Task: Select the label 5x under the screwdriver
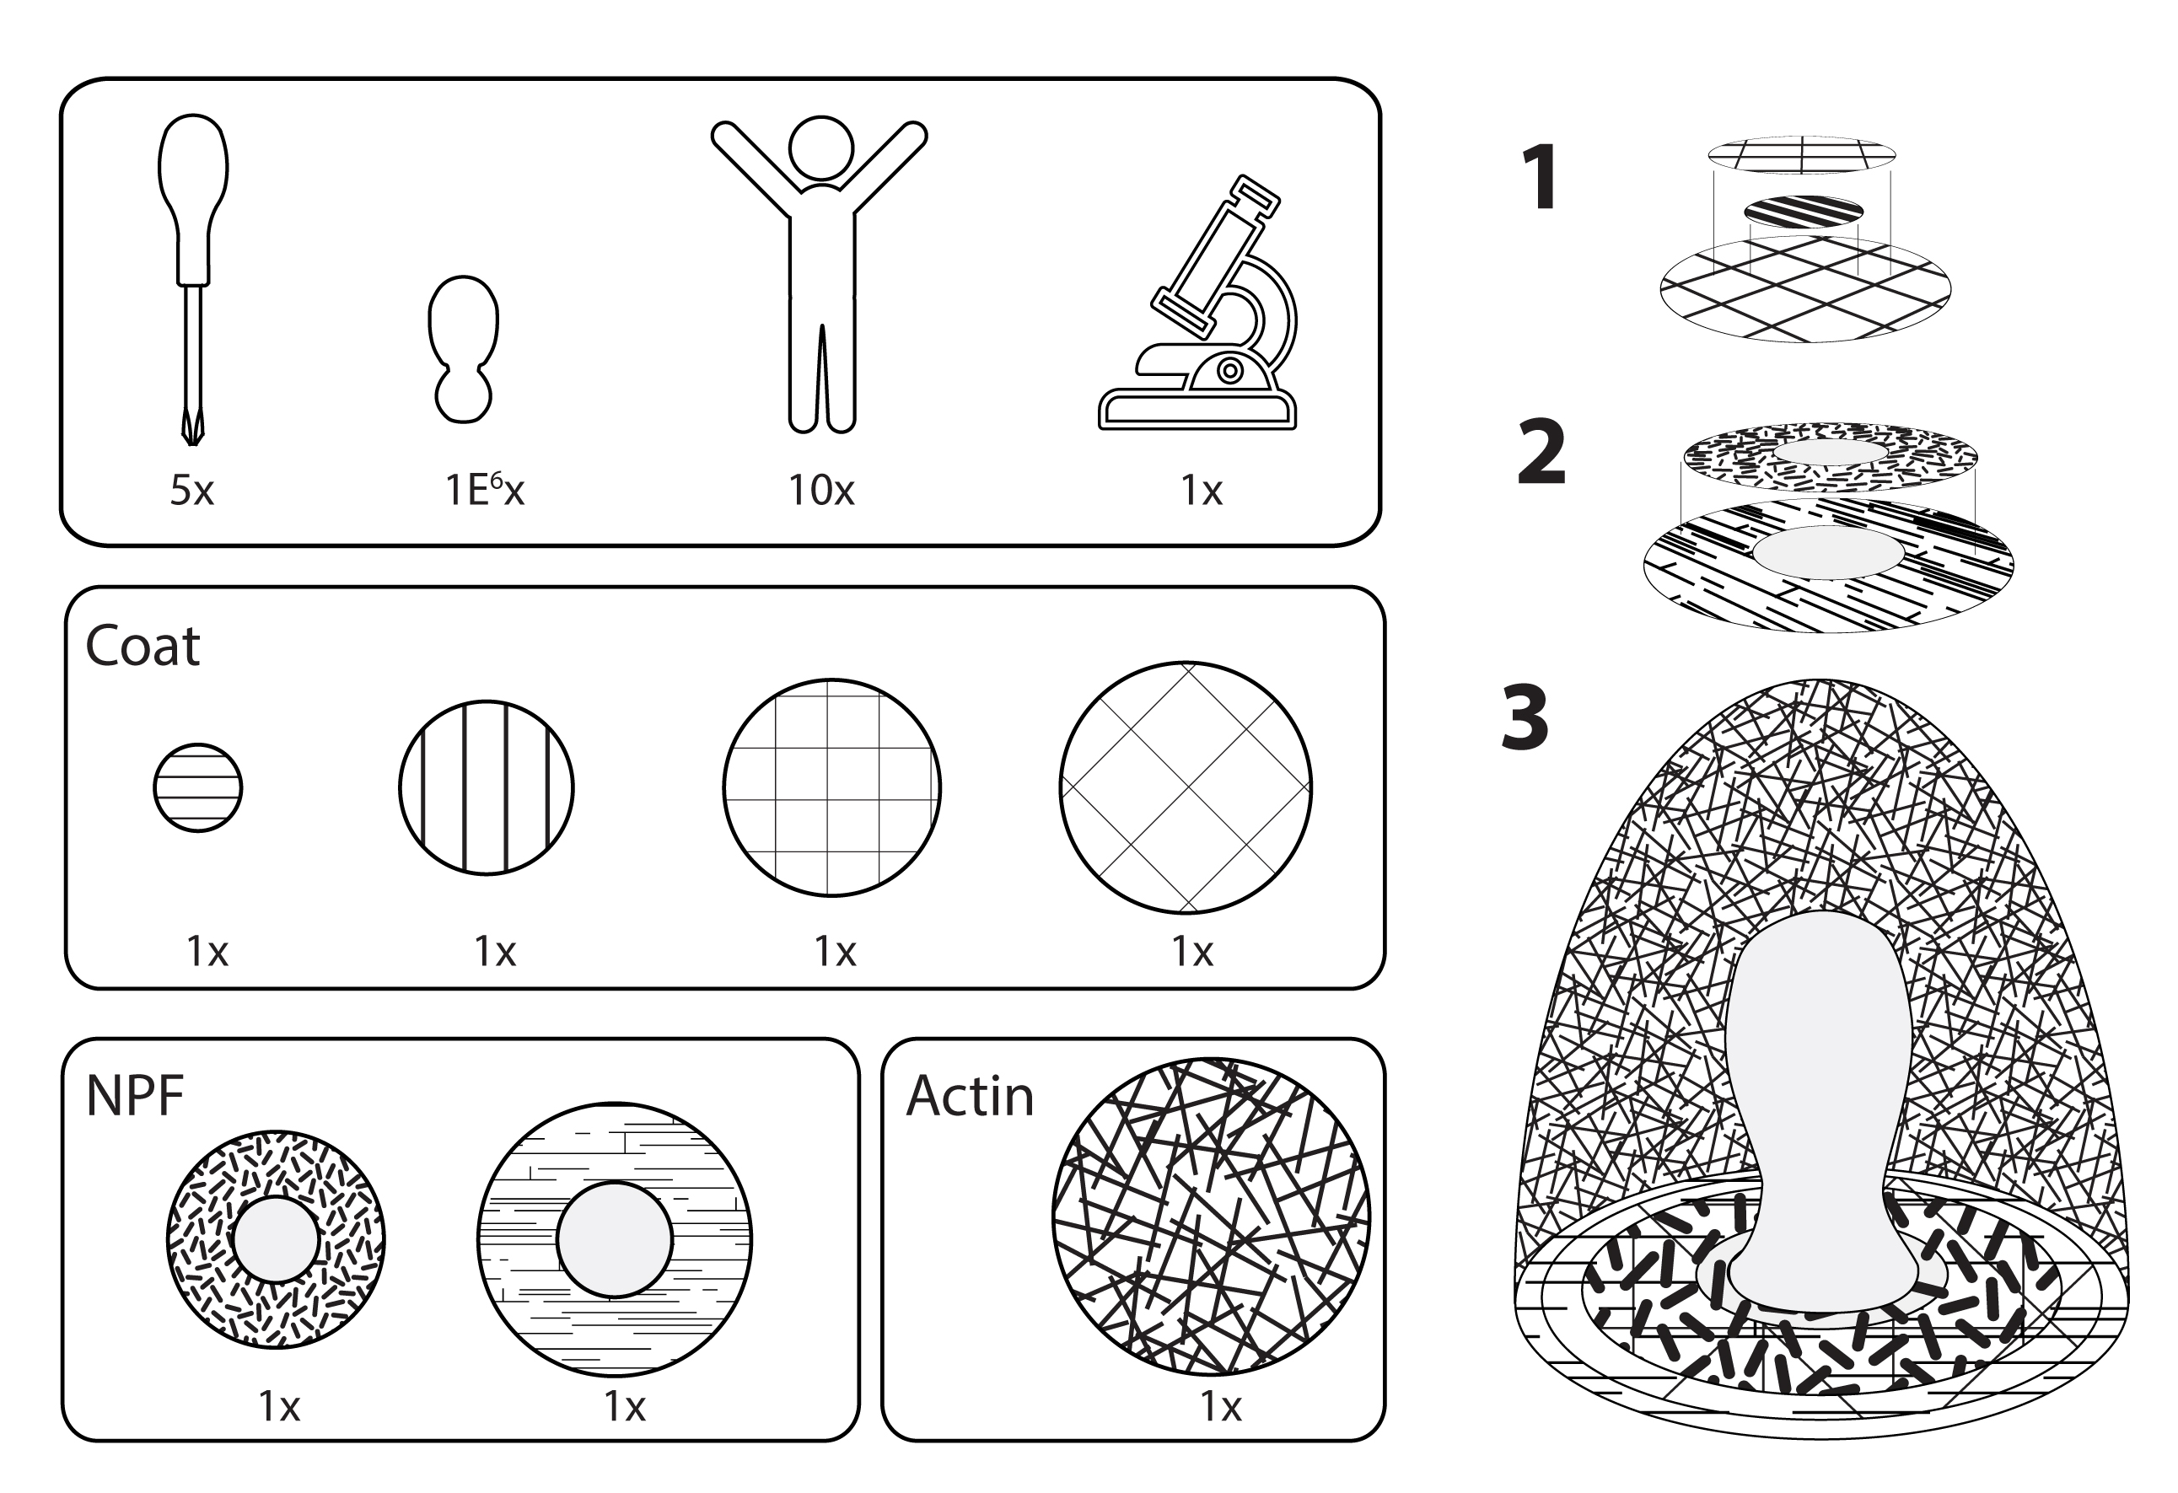pos(192,490)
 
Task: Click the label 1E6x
pos(484,489)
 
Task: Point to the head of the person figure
pos(821,148)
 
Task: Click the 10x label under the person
pos(821,490)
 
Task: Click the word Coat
pos(143,646)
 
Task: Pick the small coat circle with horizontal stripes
pos(198,787)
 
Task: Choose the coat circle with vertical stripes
pos(487,787)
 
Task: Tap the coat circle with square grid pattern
pos(831,787)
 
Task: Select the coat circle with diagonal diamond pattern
pos(1186,787)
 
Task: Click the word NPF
pos(134,1096)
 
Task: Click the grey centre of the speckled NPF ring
pos(276,1239)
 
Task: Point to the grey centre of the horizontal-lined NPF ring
pos(615,1239)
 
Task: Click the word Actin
pos(969,1096)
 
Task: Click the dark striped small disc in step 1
pos(1803,212)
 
